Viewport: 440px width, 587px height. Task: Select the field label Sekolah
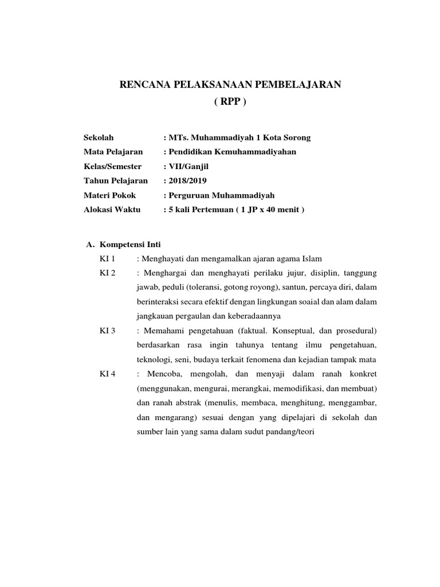[99, 138]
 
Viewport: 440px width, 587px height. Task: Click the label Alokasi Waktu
[112, 209]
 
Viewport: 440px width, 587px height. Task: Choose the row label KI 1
[107, 257]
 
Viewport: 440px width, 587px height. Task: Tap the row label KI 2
[107, 272]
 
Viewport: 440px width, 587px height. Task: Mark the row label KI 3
[107, 331]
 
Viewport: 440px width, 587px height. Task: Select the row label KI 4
[107, 374]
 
